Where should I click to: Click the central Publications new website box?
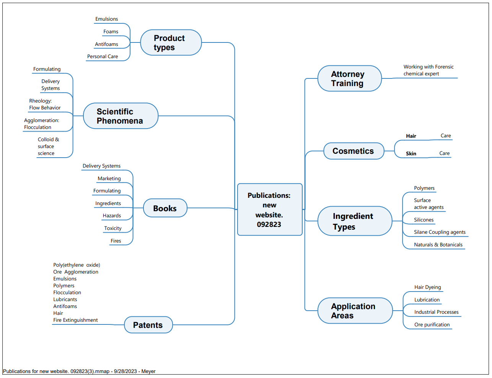[x=270, y=209]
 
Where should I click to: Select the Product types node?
[x=171, y=42]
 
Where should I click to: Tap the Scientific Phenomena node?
[x=121, y=116]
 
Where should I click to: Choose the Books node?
[x=165, y=208]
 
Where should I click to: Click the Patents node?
[x=148, y=325]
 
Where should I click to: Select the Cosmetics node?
[x=354, y=151]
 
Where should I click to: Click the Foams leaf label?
[x=111, y=32]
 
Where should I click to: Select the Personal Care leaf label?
[x=103, y=57]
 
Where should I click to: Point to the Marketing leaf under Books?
[x=109, y=179]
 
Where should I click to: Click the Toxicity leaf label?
[x=113, y=228]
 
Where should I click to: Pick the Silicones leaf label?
[x=424, y=220]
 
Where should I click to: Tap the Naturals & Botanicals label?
[x=438, y=245]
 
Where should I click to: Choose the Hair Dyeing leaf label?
[x=427, y=287]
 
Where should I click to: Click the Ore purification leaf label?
[x=432, y=325]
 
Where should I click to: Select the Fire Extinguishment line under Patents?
[x=75, y=320]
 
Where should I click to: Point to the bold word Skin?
[x=411, y=154]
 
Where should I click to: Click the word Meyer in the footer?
[x=148, y=371]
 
